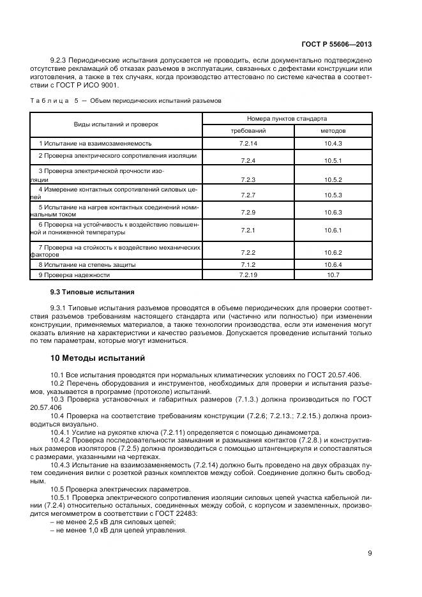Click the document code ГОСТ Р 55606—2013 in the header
point(336,45)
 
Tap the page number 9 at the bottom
point(370,553)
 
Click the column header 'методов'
point(333,130)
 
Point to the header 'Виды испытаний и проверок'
point(116,124)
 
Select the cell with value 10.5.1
point(333,160)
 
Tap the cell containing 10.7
point(333,275)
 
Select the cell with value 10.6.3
point(333,212)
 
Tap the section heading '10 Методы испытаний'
point(98,358)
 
